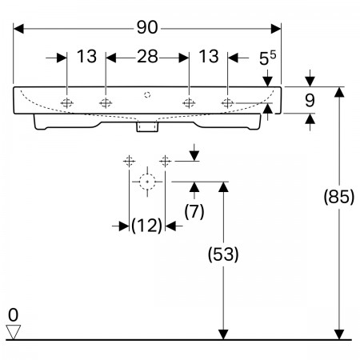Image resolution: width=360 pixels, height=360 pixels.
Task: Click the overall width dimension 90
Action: tap(147, 27)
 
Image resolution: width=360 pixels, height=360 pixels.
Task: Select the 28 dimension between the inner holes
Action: tap(147, 57)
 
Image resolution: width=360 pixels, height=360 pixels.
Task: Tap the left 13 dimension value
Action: tap(86, 57)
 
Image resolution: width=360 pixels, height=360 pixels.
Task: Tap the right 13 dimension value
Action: tap(209, 57)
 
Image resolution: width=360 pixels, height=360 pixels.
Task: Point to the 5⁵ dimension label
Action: tap(267, 58)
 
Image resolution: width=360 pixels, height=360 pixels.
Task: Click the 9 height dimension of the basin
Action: tap(310, 101)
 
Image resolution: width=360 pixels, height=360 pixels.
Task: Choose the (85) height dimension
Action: tap(339, 197)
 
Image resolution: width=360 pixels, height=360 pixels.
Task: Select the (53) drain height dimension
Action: tap(223, 254)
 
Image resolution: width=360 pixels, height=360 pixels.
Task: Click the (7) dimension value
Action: tap(194, 212)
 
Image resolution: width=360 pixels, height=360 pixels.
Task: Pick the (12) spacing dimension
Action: tap(147, 226)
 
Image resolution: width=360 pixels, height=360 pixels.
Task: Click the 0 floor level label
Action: tap(13, 315)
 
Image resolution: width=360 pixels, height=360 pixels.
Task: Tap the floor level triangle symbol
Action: tap(13, 332)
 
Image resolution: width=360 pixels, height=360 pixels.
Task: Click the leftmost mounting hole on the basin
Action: tap(66, 102)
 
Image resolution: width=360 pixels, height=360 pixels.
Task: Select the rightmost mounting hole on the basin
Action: tap(227, 102)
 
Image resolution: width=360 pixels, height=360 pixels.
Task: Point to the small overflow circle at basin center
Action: tap(147, 94)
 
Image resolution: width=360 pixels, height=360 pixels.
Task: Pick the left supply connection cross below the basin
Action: tap(129, 161)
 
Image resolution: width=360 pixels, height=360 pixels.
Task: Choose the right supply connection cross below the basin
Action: tap(166, 161)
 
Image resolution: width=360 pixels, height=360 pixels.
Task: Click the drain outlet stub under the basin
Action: tap(147, 126)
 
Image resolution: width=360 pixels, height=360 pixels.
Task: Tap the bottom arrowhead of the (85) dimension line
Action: tap(339, 334)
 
